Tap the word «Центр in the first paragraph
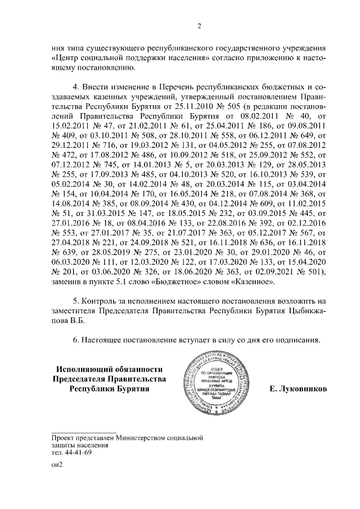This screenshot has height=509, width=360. tap(65, 58)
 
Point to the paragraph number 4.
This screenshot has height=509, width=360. tap(78, 89)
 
